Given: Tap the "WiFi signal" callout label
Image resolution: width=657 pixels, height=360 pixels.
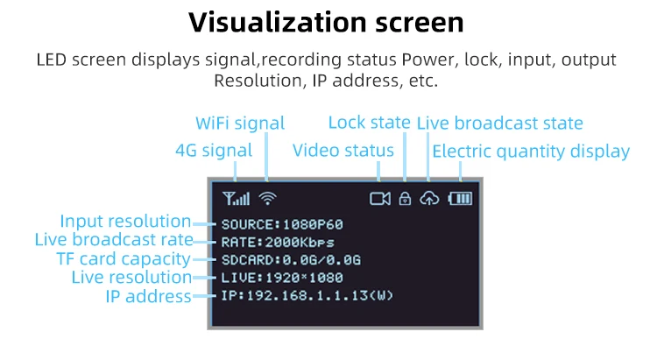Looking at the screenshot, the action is pyautogui.click(x=240, y=124).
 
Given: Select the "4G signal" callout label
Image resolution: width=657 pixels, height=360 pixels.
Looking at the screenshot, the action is pyautogui.click(x=214, y=151).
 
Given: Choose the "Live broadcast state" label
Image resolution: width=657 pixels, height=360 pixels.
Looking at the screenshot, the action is pyautogui.click(x=499, y=124).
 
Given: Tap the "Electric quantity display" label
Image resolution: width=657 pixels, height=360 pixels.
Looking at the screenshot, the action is pyautogui.click(x=531, y=151).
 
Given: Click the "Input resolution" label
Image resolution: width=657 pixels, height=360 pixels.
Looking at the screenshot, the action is pyautogui.click(x=125, y=222).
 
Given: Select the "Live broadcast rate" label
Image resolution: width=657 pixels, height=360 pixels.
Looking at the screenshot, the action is pyautogui.click(x=113, y=240).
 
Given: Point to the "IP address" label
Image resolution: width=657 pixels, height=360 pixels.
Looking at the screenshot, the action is pyautogui.click(x=148, y=296).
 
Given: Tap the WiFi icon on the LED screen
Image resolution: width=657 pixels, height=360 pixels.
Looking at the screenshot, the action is pyautogui.click(x=267, y=198).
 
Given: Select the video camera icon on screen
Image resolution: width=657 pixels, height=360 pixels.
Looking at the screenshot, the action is pyautogui.click(x=379, y=198).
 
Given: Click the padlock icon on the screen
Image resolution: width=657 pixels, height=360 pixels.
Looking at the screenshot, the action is pyautogui.click(x=405, y=198).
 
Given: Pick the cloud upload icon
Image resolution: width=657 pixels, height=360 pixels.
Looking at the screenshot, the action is pyautogui.click(x=429, y=198).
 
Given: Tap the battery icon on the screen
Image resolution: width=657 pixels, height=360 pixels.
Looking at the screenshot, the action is pyautogui.click(x=460, y=198).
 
